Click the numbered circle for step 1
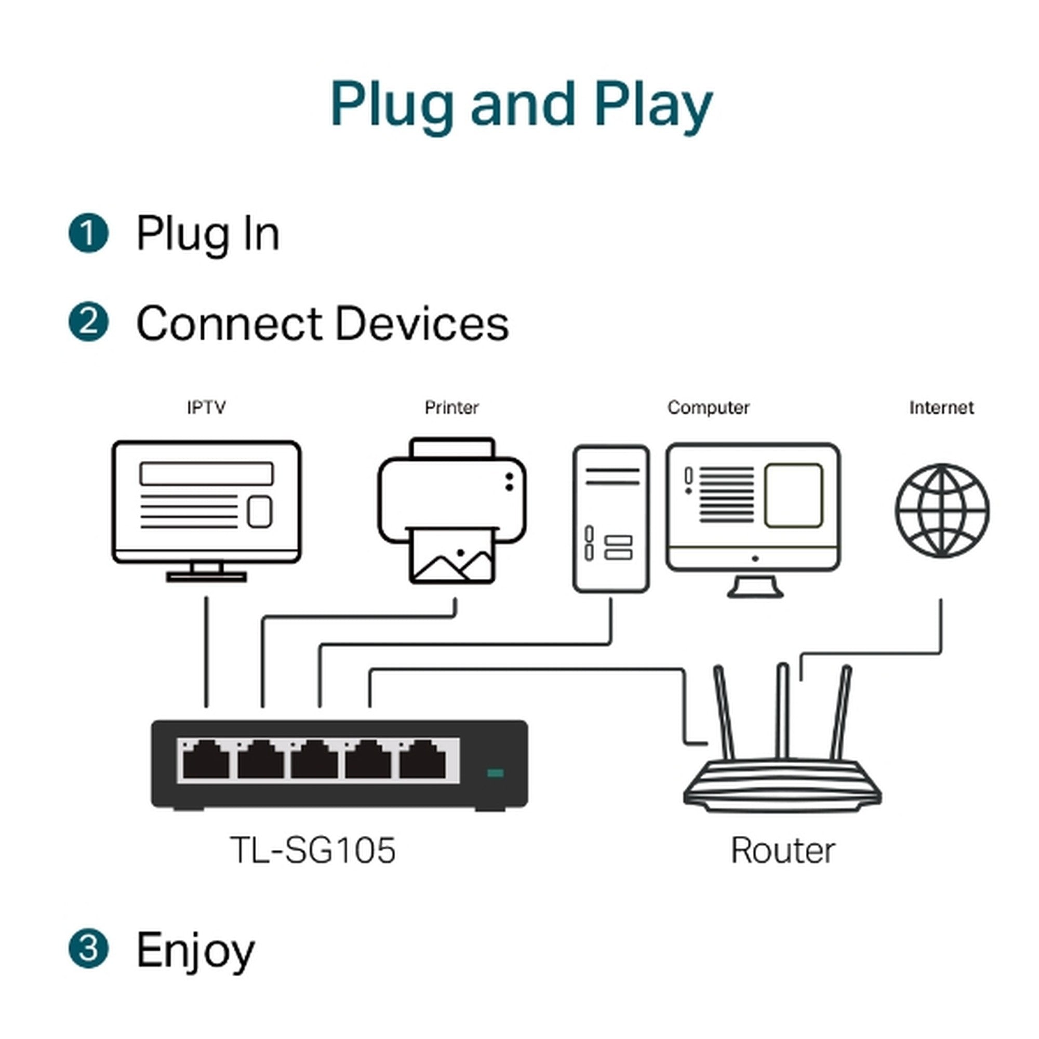point(89,233)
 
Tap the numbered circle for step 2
point(89,322)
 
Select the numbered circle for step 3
point(89,948)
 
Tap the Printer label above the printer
point(451,408)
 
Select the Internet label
point(941,408)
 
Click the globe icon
point(942,510)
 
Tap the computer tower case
point(610,518)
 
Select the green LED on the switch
point(495,774)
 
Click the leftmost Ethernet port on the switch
point(206,761)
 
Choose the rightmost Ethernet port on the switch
point(422,761)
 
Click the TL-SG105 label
point(312,850)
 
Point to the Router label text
point(783,851)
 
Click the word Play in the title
point(653,105)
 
